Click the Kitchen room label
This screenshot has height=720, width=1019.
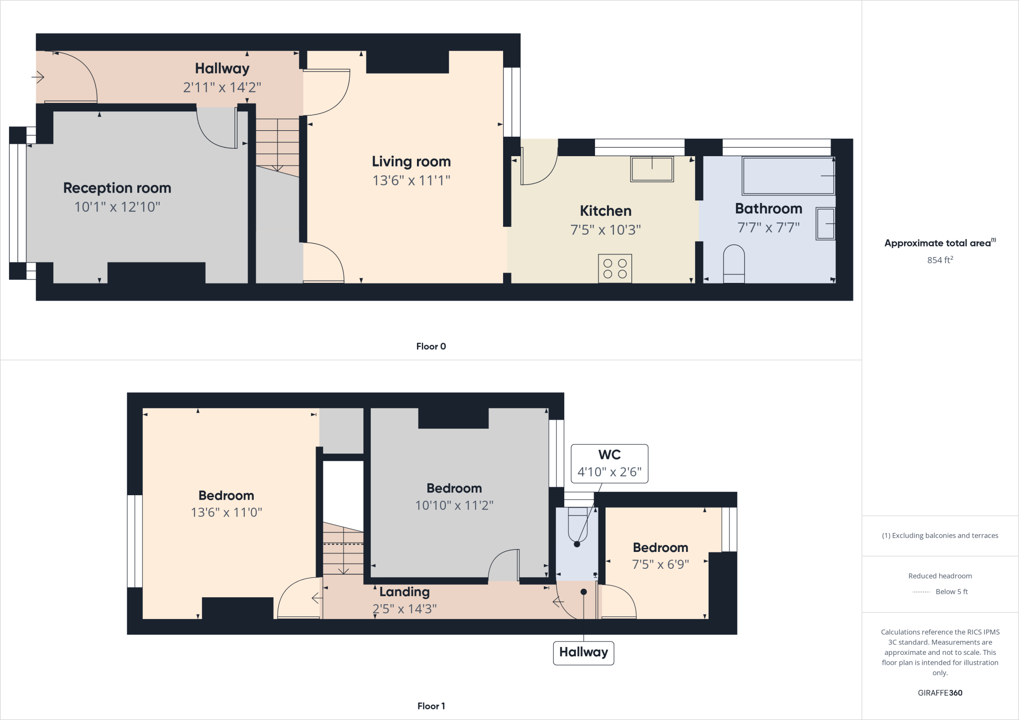606,211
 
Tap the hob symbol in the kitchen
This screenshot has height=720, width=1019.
615,269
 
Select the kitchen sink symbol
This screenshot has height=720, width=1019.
652,169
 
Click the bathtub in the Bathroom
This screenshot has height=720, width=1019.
788,176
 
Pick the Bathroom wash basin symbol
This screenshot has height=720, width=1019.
825,224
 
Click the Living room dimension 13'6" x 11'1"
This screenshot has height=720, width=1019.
411,180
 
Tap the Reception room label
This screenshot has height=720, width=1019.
117,188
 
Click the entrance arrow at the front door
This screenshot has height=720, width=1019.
38,77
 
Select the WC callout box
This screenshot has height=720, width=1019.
610,463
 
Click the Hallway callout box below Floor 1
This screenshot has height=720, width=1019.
584,652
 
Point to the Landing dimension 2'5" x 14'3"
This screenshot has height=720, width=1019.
405,609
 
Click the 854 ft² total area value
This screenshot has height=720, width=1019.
940,260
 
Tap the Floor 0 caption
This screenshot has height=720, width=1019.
431,347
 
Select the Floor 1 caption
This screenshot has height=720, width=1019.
431,706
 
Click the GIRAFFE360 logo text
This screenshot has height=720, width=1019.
940,693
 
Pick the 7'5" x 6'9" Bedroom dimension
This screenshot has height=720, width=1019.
660,564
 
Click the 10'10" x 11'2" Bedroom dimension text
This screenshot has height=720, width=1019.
454,505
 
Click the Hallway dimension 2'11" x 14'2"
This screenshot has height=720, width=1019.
222,88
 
